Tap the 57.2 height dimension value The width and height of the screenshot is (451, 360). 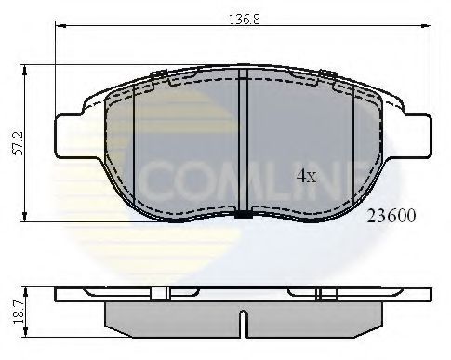pos(16,140)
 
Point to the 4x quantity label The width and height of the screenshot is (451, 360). pos(308,175)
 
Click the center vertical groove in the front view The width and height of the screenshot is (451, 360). pos(242,140)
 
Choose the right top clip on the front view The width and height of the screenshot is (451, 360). pos(327,75)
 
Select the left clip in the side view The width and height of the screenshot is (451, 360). pos(158,294)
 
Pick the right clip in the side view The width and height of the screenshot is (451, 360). pos(326,294)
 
